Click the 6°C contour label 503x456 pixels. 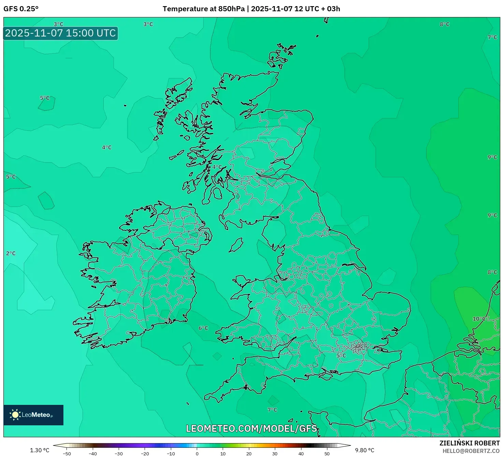(x=203, y=328)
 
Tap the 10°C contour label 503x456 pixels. (x=479, y=319)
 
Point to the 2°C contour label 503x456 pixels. (x=11, y=253)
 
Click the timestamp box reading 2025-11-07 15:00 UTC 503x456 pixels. (x=60, y=33)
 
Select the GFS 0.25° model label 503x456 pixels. (x=21, y=9)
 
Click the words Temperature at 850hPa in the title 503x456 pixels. (x=204, y=9)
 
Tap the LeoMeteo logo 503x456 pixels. (x=33, y=415)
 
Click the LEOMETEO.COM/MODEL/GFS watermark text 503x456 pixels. (x=251, y=428)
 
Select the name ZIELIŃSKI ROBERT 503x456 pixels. (x=469, y=443)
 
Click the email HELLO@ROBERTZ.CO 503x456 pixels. (x=471, y=451)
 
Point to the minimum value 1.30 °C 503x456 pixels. (x=40, y=450)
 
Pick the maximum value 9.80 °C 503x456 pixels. (x=365, y=450)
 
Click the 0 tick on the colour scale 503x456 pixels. (x=197, y=454)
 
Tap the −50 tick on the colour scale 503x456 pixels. (x=67, y=454)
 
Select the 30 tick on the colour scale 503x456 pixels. (x=275, y=454)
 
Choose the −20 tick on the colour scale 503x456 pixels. (x=145, y=454)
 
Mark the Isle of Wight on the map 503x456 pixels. (x=325, y=376)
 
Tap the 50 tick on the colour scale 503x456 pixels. (x=327, y=454)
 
